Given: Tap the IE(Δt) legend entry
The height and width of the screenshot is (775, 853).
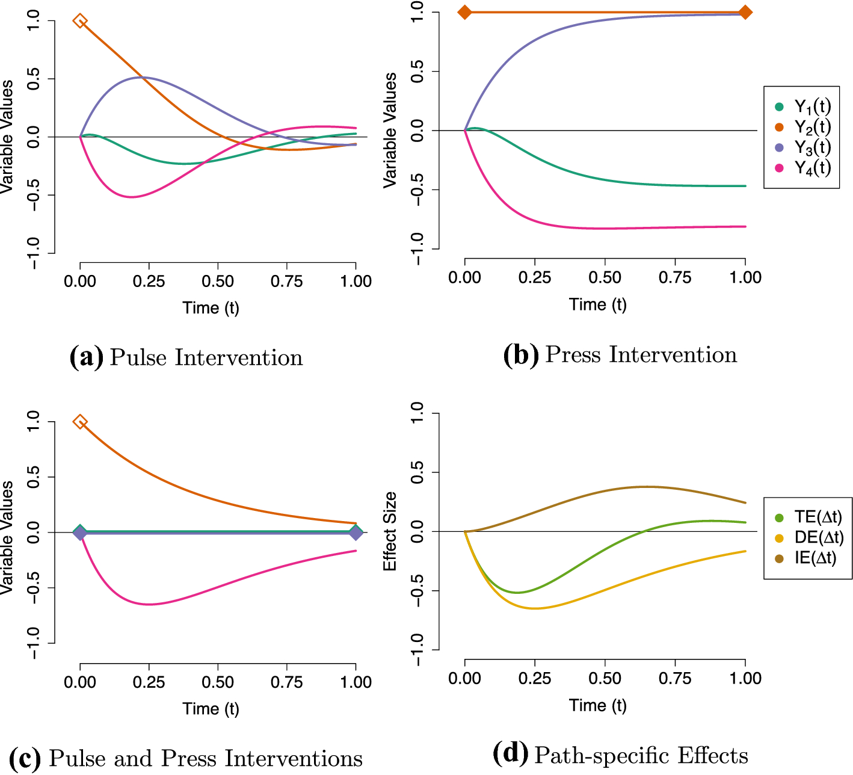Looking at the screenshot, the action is (805, 558).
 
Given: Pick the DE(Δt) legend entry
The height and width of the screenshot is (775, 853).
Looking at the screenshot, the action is (808, 538).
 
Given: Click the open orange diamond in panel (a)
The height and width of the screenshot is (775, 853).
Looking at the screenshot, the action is (80, 20).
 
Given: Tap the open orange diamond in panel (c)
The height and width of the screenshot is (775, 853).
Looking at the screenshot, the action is (80, 422).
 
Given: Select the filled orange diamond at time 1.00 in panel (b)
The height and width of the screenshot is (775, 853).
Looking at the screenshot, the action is (745, 13).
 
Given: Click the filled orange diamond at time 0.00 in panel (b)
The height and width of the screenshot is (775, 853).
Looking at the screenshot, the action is (465, 13).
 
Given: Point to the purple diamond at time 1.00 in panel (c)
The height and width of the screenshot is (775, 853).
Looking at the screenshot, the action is (356, 533).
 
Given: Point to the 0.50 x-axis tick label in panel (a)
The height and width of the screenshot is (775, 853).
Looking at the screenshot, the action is (218, 281).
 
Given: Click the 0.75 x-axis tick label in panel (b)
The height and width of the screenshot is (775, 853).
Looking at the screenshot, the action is (675, 277).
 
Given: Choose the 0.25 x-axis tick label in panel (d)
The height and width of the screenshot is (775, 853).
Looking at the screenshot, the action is (535, 678).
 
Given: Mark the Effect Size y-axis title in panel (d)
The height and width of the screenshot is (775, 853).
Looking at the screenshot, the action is (390, 531).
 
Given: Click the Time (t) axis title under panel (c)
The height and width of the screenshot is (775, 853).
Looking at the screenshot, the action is (211, 709).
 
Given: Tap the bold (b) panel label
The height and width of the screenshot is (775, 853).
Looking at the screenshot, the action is (521, 354).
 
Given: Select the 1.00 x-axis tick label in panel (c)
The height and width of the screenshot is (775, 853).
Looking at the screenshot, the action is (356, 682).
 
